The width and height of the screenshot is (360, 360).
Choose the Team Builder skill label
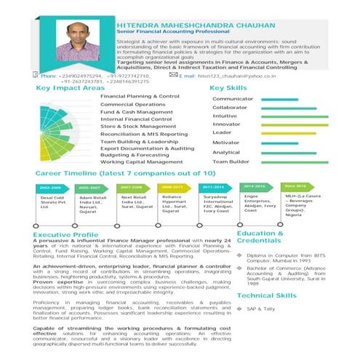[229, 161]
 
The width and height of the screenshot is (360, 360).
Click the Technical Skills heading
[267, 296]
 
